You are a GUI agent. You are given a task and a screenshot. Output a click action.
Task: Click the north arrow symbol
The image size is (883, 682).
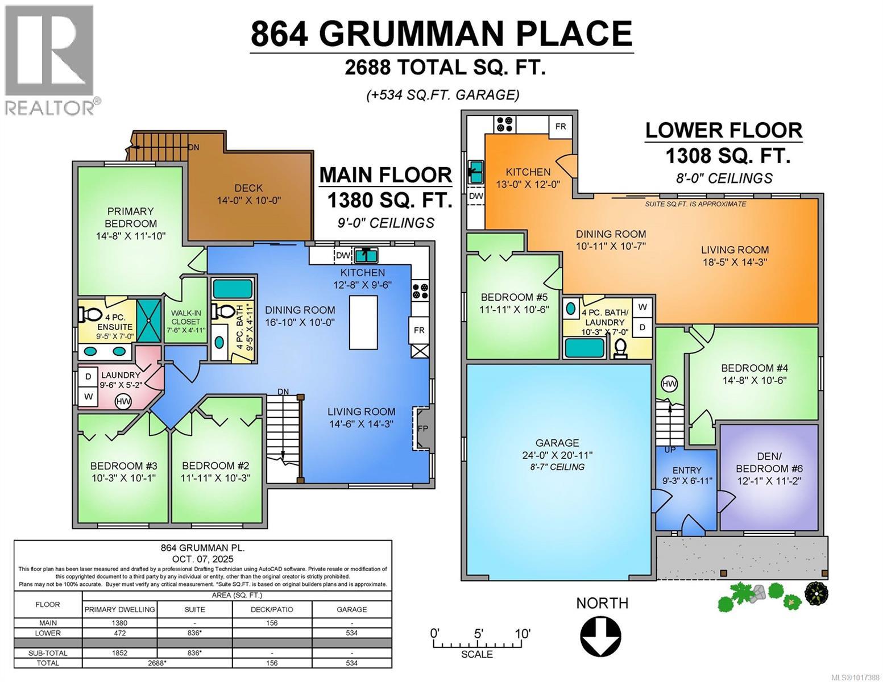coord(601,636)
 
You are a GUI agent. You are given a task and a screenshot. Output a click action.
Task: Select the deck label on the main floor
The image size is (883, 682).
coord(248,194)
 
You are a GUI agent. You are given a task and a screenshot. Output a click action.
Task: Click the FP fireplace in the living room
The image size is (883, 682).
coord(422,429)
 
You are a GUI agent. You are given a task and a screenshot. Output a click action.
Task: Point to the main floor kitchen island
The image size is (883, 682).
coord(364,322)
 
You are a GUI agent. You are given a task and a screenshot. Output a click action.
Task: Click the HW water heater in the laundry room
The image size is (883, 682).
coord(123,402)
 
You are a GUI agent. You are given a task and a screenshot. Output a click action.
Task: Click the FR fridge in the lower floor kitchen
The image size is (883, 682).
coord(561,126)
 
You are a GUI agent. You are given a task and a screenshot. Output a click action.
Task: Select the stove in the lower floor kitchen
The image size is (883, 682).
coord(504,124)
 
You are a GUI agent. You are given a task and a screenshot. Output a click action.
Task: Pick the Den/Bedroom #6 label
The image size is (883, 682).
coord(770,468)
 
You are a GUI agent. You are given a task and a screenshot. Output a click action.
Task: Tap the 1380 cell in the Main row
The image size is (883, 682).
coord(119,623)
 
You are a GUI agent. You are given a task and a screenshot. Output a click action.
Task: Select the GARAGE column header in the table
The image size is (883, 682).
coord(351,609)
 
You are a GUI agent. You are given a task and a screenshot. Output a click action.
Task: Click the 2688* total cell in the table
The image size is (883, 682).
coord(157,663)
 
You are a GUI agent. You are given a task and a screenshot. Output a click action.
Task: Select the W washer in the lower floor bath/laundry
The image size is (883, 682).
coord(642,307)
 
